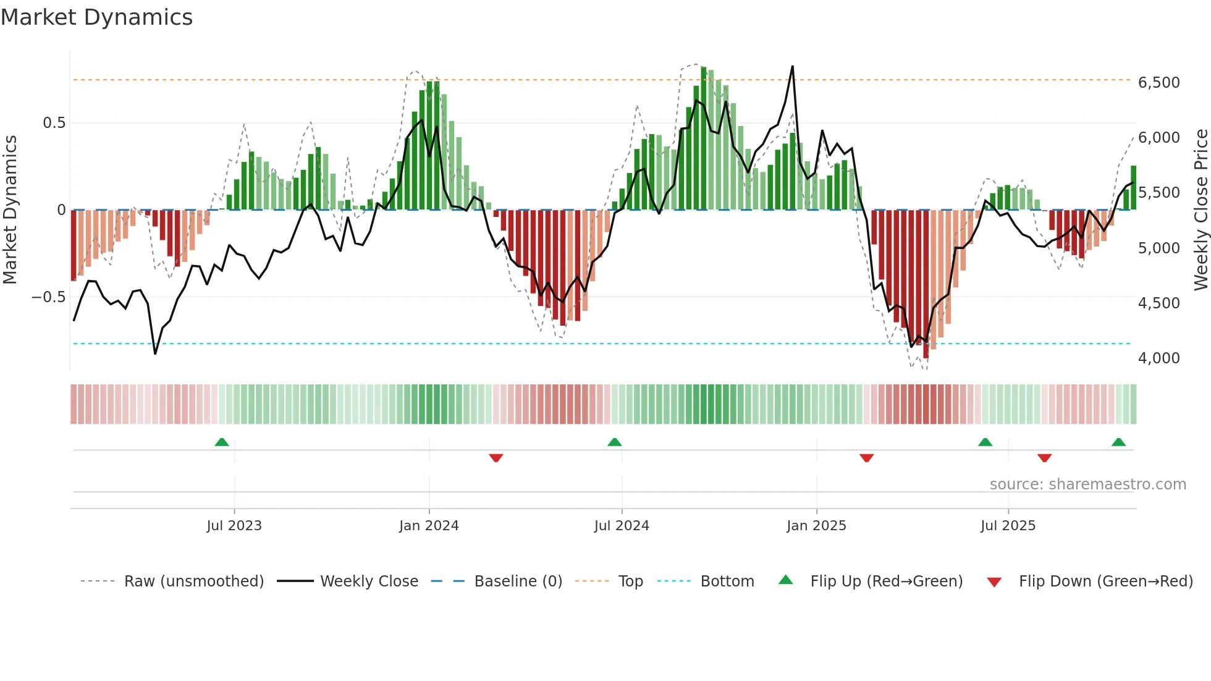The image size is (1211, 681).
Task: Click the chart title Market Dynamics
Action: tap(97, 17)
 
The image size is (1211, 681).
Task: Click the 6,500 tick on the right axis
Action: tap(1158, 83)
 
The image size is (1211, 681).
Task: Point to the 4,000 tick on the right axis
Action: tap(1158, 358)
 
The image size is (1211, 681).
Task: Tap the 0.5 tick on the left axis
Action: tap(54, 123)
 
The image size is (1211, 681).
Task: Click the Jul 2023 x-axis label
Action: tap(234, 526)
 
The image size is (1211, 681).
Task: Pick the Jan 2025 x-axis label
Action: tap(816, 526)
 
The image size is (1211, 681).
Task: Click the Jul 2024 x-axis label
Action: tap(622, 526)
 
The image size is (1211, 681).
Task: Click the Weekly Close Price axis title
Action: tap(1200, 210)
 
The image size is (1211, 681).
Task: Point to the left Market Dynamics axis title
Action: tap(10, 210)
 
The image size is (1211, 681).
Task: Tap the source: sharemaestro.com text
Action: tap(1087, 484)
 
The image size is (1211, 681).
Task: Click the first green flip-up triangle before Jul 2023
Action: tap(222, 442)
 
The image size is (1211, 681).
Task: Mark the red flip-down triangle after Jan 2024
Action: tap(496, 458)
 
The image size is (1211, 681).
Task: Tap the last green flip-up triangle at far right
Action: tap(1118, 442)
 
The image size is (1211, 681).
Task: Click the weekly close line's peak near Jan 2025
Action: tap(792, 66)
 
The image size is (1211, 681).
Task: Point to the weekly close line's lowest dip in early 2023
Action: tap(155, 353)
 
